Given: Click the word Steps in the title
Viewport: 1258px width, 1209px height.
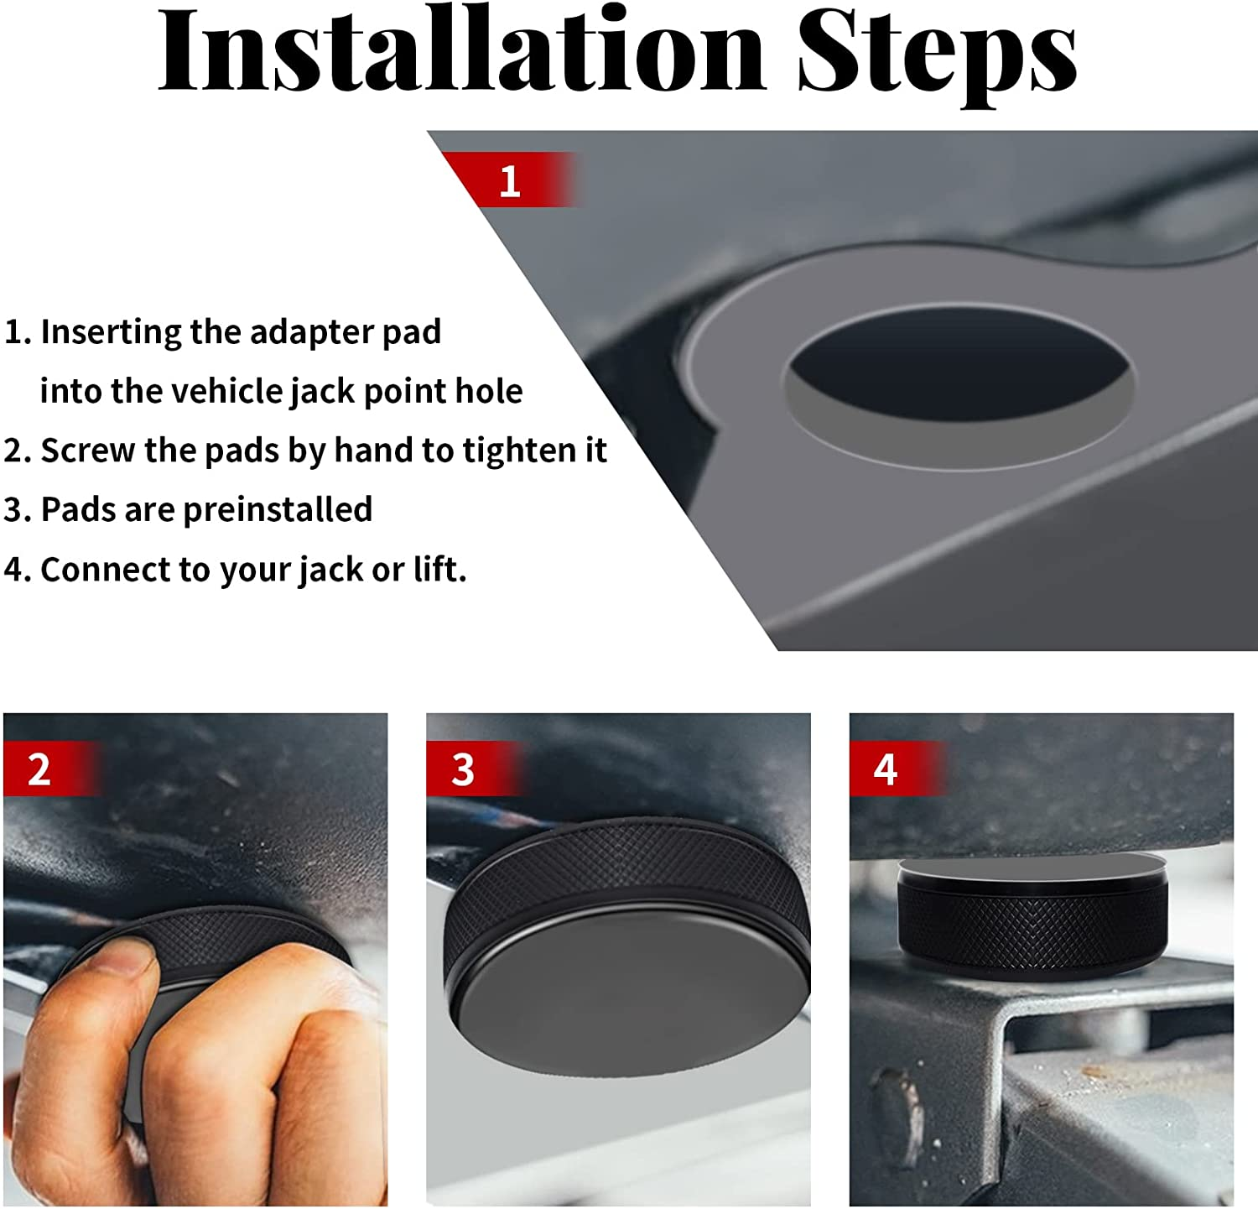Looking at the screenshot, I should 937,52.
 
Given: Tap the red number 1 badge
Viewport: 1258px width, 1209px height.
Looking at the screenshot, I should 509,180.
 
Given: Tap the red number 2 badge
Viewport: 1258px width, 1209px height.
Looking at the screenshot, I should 39,769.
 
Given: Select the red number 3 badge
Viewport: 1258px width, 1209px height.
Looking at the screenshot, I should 463,769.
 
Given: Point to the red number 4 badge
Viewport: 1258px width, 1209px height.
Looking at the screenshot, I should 886,769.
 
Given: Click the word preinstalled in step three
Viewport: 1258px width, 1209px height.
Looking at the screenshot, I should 278,509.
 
